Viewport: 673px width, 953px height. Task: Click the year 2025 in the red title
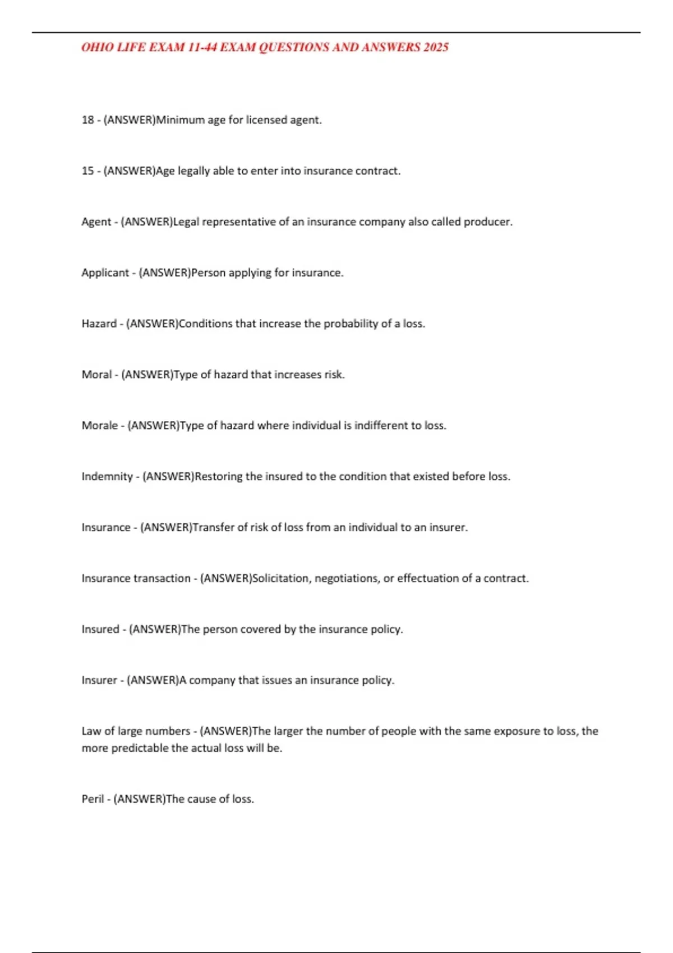tap(436, 47)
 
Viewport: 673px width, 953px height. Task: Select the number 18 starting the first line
tap(87, 120)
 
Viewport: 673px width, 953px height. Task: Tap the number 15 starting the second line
tap(87, 171)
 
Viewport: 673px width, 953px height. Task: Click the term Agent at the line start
tap(96, 222)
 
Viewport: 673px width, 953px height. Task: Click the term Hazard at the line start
tap(99, 324)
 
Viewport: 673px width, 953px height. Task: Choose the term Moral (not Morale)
tap(96, 374)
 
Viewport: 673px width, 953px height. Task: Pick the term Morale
tap(100, 425)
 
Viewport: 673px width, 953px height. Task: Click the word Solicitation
tap(281, 579)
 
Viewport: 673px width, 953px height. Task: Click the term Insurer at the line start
tap(99, 681)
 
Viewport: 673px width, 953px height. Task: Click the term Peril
tap(93, 799)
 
